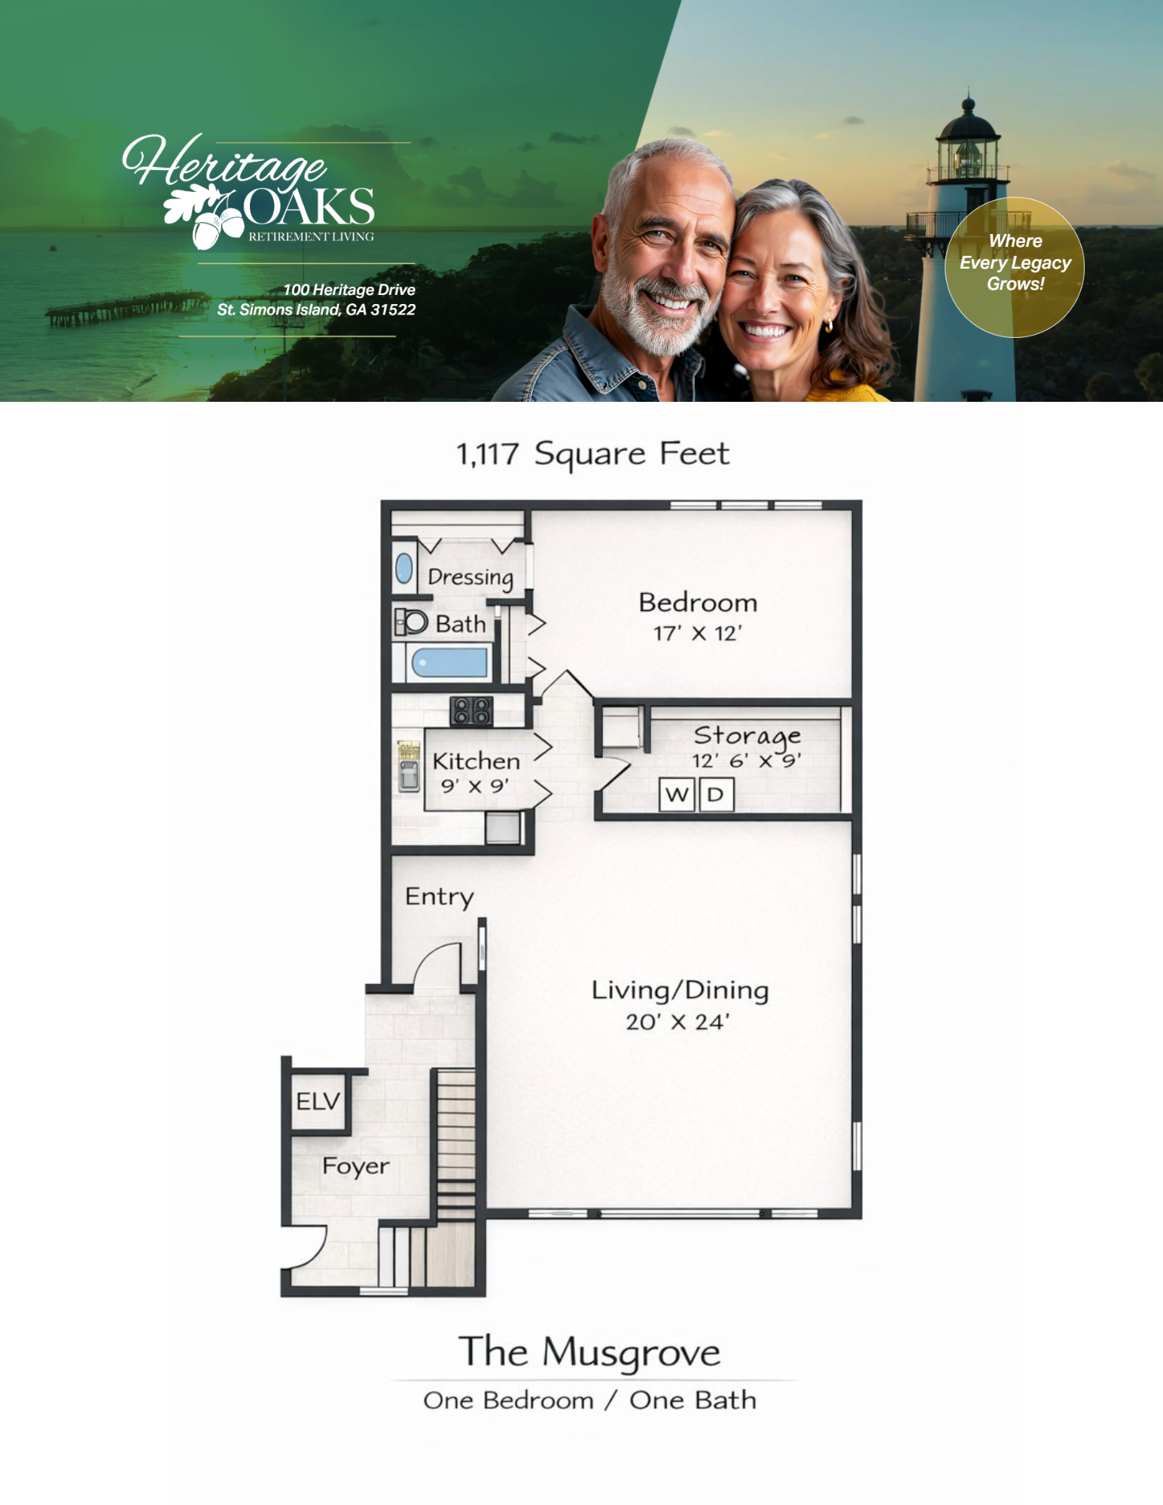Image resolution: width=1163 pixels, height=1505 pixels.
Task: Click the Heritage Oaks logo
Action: [x=249, y=191]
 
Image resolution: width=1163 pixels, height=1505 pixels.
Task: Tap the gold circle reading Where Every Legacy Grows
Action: [x=1015, y=266]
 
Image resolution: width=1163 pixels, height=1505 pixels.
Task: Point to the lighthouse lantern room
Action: [x=968, y=151]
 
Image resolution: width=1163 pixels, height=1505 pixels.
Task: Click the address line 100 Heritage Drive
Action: [x=349, y=290]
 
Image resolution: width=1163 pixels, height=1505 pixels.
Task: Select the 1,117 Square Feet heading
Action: [x=593, y=454]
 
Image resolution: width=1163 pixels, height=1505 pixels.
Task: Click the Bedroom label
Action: [x=698, y=603]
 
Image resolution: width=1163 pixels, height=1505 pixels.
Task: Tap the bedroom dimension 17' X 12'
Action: [x=698, y=634]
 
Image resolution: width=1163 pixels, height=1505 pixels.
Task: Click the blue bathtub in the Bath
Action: [x=449, y=663]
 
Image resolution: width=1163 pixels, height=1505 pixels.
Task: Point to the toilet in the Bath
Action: [x=411, y=622]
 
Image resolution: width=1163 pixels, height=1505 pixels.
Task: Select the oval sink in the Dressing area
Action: [x=404, y=569]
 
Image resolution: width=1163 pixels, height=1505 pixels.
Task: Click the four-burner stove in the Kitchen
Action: [x=471, y=710]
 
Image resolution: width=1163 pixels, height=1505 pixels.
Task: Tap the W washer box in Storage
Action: [x=677, y=795]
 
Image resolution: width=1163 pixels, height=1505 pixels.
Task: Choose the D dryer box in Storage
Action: [x=716, y=795]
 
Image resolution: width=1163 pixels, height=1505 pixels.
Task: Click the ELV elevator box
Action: [x=318, y=1101]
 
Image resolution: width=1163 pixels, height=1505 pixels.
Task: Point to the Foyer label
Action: [x=355, y=1166]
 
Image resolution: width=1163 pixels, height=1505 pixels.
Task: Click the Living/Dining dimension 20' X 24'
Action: [x=677, y=1021]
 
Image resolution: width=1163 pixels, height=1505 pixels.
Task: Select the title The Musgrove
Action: [x=589, y=1351]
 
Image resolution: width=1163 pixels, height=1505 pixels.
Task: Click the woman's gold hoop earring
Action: [x=829, y=326]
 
